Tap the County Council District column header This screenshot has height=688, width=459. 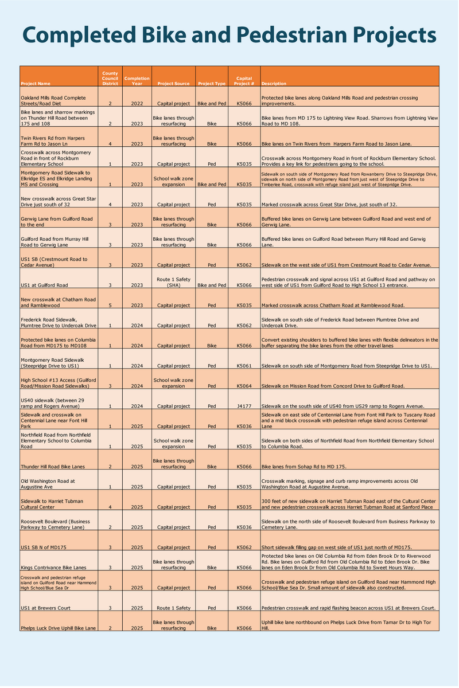pyautogui.click(x=110, y=79)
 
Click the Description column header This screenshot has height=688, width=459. pyautogui.click(x=274, y=84)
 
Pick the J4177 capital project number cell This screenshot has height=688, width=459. pyautogui.click(x=244, y=406)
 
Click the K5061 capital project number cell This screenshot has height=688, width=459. pyautogui.click(x=244, y=366)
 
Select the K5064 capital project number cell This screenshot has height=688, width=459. pyautogui.click(x=244, y=386)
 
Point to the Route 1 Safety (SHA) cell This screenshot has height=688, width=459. pyautogui.click(x=173, y=282)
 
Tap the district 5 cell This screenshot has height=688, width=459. pyautogui.click(x=110, y=306)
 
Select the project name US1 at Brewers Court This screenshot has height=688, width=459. pyautogui.click(x=46, y=608)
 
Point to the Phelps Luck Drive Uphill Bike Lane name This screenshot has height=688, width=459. pyautogui.click(x=59, y=628)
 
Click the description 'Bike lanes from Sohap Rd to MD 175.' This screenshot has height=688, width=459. pyautogui.click(x=303, y=467)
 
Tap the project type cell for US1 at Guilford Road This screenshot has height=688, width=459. pyautogui.click(x=212, y=286)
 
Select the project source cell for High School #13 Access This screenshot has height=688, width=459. pyautogui.click(x=173, y=383)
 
